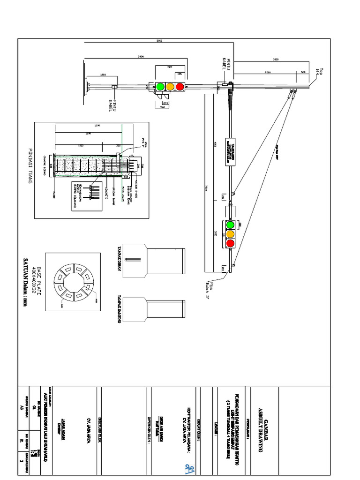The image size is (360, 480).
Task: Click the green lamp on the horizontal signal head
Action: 160,86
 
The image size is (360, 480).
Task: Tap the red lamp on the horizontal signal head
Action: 180,86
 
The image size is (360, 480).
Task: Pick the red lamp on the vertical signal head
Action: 230,243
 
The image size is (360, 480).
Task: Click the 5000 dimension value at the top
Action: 159,41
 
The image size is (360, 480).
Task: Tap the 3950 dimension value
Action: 140,57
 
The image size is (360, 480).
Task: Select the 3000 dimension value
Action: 276,60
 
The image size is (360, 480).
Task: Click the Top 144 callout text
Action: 319,71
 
